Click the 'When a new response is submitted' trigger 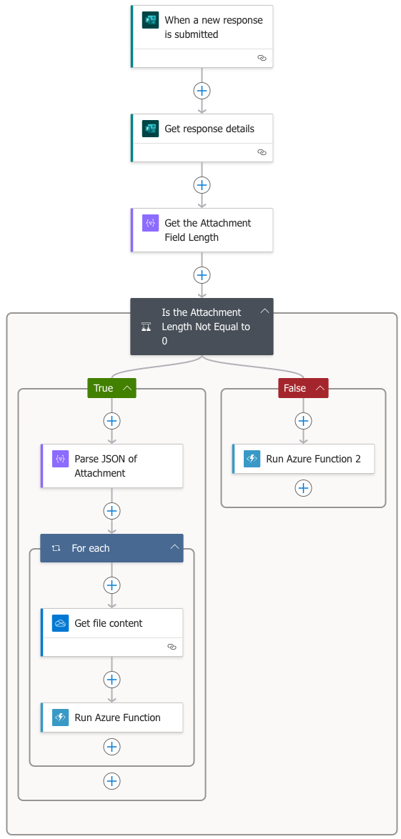[x=202, y=36]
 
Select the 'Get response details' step [x=202, y=137]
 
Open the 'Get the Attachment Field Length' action [x=202, y=230]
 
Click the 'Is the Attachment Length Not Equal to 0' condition [x=202, y=327]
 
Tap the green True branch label [x=112, y=388]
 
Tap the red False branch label [x=303, y=388]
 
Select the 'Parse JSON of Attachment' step [x=112, y=465]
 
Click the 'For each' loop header [x=112, y=548]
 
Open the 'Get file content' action [x=112, y=632]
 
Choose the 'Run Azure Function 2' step [x=304, y=459]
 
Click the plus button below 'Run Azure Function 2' [x=304, y=488]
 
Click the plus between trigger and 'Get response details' [x=202, y=91]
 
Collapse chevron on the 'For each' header [x=174, y=547]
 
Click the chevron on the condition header [x=264, y=311]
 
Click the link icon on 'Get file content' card [x=172, y=646]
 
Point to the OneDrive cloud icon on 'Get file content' [x=61, y=623]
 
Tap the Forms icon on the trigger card [x=150, y=20]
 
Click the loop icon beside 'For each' [x=56, y=548]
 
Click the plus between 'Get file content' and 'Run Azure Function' [x=112, y=680]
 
